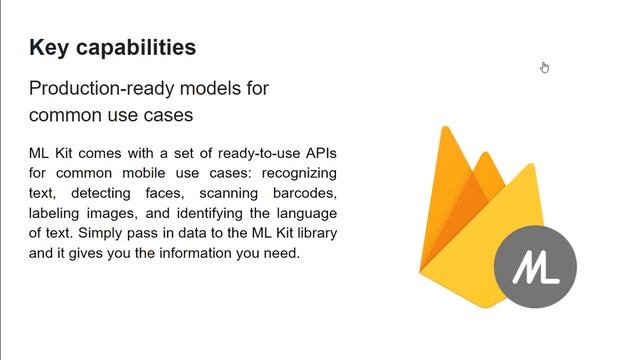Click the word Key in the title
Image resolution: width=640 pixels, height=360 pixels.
coord(48,47)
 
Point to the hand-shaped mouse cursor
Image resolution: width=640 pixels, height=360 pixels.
coord(544,67)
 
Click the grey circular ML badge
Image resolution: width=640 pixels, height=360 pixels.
coord(535,267)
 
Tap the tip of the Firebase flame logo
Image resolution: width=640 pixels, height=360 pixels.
coord(445,130)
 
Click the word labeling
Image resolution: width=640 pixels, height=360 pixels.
coord(56,214)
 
